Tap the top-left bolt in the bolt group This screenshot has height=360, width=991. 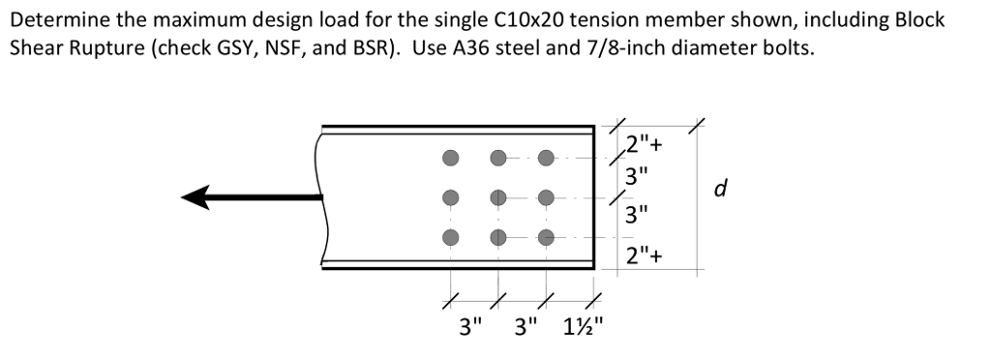coord(449,157)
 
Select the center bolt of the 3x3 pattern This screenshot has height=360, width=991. coord(498,196)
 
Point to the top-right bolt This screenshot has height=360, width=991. coord(547,157)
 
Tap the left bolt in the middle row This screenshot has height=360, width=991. coord(449,196)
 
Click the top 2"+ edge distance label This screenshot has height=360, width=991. coord(646,147)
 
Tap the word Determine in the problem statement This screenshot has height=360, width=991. coord(57,20)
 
